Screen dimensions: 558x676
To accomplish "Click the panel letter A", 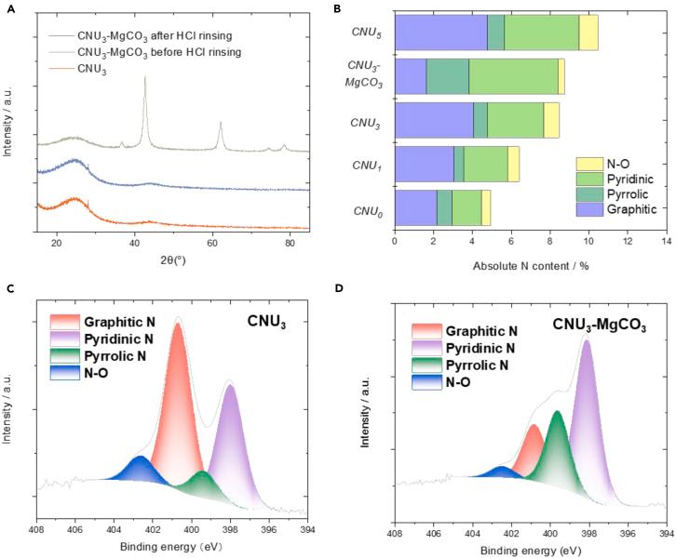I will click(x=10, y=8).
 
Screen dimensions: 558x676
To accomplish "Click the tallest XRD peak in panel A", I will click(x=144, y=79).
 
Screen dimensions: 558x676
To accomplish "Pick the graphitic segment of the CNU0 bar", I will click(x=416, y=207).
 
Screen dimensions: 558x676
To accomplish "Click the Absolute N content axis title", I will click(x=531, y=265).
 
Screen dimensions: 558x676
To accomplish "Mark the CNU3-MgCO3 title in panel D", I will click(x=601, y=325).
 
